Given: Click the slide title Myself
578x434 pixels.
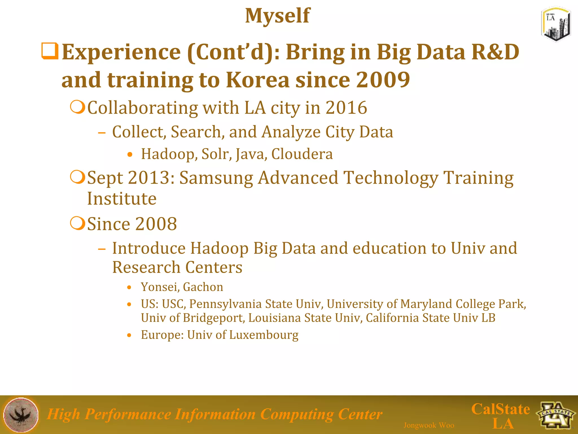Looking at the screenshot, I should point(277,16).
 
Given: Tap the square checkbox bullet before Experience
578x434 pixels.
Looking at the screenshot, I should point(50,51).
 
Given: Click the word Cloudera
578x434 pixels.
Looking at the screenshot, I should point(302,154).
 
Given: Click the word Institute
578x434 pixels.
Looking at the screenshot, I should point(122,199).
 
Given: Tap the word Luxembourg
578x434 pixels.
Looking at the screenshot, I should point(264,335).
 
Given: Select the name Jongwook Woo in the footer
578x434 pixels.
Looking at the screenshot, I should point(429,425).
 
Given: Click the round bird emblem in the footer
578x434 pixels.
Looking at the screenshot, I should point(21,415).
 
